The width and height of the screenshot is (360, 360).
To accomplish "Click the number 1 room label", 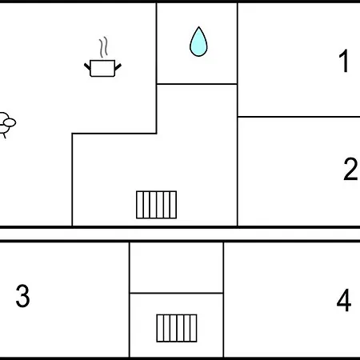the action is click(x=344, y=61).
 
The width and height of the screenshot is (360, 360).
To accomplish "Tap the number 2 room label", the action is click(x=350, y=169).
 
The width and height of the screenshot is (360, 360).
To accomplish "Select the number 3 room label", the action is click(x=22, y=295).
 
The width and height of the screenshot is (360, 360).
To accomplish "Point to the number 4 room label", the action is click(x=344, y=300).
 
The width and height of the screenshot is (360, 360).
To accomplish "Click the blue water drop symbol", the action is click(x=198, y=42).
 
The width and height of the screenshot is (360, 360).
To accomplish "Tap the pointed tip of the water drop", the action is click(x=198, y=26).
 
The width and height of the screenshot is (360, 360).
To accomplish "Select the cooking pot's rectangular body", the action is click(x=102, y=69).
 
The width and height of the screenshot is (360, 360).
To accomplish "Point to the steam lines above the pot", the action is click(x=104, y=47).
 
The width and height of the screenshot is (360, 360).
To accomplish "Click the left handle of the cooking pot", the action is click(x=87, y=66).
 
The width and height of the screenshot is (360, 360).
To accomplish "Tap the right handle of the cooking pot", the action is click(x=118, y=66).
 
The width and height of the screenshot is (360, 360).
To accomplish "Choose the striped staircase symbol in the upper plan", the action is click(x=156, y=205).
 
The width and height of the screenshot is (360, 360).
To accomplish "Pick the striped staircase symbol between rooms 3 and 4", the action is click(x=177, y=328).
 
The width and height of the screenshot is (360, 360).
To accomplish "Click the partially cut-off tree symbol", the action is click(x=7, y=123).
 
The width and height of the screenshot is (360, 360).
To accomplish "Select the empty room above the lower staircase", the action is click(x=176, y=267).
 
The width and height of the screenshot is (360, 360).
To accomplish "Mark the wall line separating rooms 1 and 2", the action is click(x=299, y=117).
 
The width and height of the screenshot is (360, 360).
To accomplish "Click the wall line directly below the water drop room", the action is click(x=197, y=84).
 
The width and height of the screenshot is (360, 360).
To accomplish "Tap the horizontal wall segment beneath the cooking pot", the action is click(x=114, y=133).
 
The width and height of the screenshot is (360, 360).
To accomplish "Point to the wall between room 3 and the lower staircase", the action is click(x=130, y=299).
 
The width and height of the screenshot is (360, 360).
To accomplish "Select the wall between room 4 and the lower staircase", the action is click(x=223, y=299).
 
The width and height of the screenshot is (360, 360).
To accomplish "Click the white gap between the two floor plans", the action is click(x=180, y=234).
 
